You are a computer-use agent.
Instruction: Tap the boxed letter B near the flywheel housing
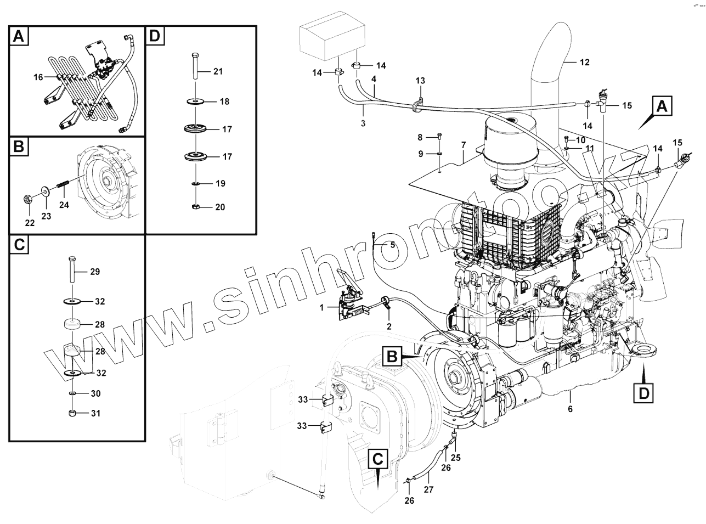392,356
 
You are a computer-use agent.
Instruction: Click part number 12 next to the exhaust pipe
584,63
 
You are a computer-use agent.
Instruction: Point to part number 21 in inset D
218,72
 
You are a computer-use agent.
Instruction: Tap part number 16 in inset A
38,77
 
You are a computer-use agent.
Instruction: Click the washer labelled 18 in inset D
195,102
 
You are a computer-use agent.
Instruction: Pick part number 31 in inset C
96,413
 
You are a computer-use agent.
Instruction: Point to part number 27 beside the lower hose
429,489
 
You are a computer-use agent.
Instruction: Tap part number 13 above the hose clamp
420,81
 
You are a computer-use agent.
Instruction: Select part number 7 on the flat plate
464,145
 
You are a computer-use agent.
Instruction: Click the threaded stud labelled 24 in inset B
62,189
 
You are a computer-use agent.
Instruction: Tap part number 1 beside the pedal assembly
322,308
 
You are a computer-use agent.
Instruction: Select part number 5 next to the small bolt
392,245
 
